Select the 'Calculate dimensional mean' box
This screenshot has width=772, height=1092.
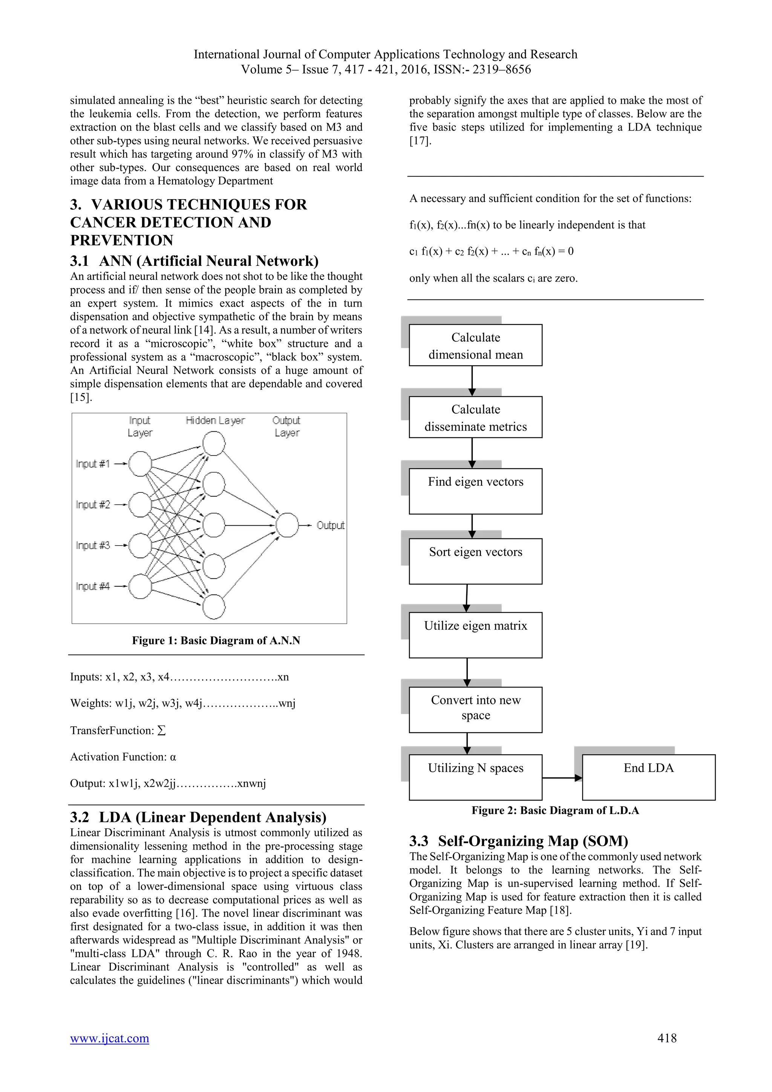tap(475, 345)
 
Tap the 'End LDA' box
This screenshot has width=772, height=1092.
tap(648, 777)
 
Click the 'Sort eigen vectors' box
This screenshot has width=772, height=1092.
tap(475, 561)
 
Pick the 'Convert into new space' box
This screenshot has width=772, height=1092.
tap(475, 710)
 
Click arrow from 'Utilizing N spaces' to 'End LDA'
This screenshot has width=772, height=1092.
tap(562, 778)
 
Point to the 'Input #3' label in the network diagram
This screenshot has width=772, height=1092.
tap(93, 545)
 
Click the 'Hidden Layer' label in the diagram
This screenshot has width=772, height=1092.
tap(215, 420)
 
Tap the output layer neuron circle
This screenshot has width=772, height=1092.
tap(287, 525)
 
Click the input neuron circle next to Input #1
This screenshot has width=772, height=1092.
tap(140, 464)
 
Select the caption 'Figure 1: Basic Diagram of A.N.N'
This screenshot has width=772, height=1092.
tap(216, 640)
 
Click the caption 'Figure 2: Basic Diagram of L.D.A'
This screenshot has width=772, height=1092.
tap(555, 810)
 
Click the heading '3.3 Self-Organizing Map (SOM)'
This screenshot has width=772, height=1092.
tap(519, 841)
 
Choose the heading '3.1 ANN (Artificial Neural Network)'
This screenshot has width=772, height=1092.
tap(194, 261)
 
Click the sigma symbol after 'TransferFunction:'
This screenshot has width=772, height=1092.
tap(161, 730)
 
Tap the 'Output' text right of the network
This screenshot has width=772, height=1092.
tap(330, 525)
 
